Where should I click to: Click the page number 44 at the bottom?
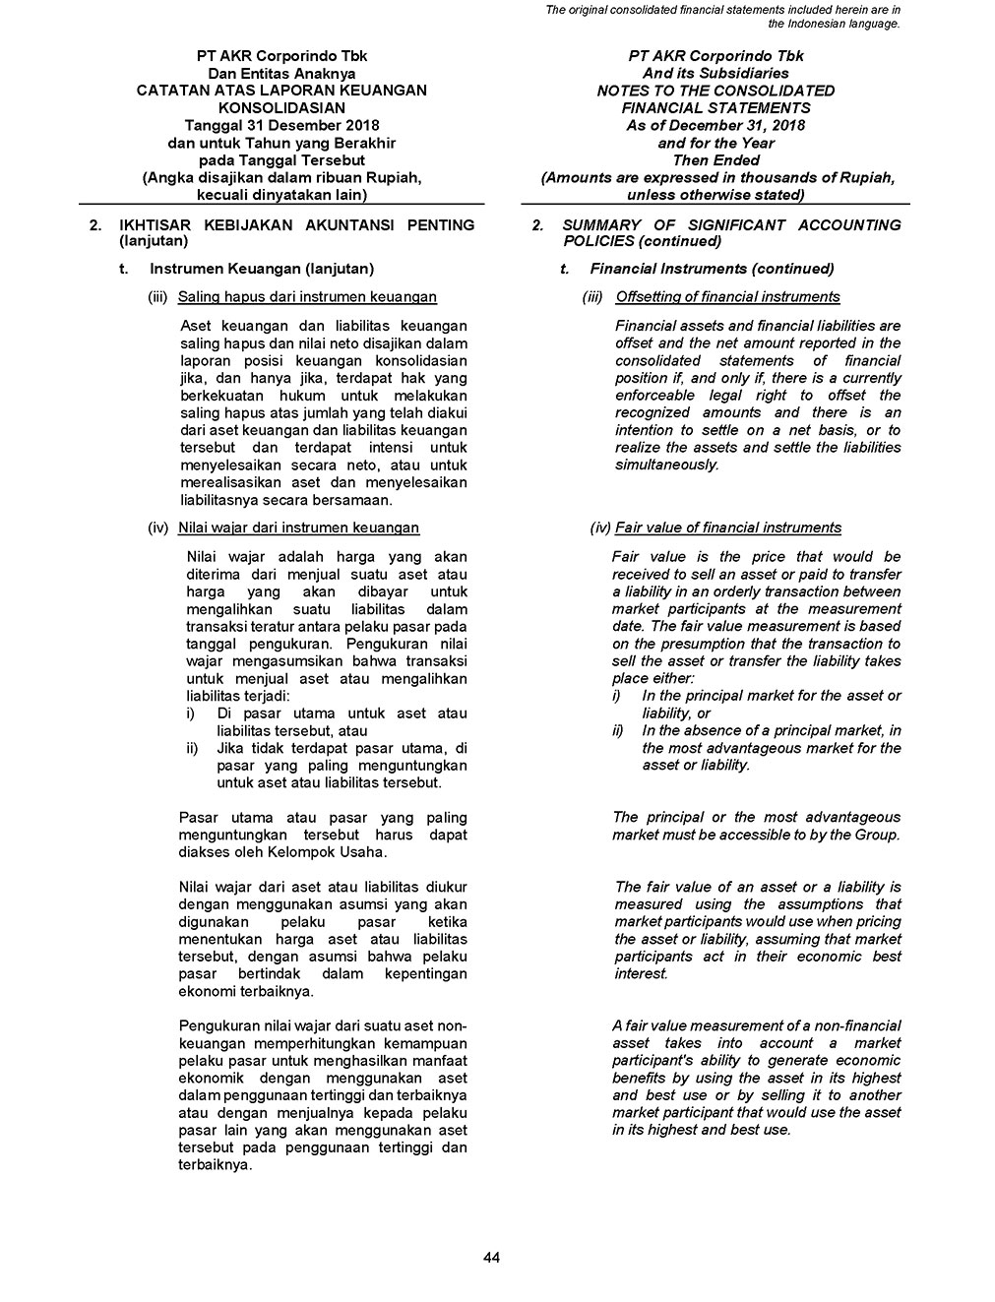492,1257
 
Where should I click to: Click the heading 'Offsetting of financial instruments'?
727,297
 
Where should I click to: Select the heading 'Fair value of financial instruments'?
728,528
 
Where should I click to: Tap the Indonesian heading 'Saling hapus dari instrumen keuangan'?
307,297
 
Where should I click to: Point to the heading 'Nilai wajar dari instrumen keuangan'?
298,528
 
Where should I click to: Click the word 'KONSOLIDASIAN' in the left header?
281,108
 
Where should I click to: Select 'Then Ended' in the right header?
715,160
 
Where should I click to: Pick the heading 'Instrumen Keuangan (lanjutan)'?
262,269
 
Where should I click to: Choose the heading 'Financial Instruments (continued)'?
712,269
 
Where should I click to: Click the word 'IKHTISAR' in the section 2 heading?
151,225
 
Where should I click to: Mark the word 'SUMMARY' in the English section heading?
600,225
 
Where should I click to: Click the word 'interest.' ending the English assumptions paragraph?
641,974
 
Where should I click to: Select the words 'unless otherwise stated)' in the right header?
715,195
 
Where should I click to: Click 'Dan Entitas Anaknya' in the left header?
281,74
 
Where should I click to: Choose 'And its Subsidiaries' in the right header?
715,74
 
